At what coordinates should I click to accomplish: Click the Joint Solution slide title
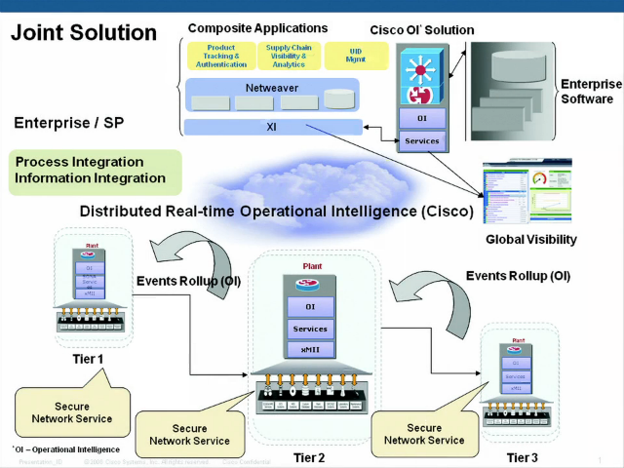point(84,32)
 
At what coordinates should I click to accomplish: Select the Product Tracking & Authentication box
point(220,57)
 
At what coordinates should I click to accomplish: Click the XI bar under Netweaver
point(271,126)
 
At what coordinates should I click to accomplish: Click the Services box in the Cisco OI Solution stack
point(421,140)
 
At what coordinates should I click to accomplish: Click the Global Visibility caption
point(530,240)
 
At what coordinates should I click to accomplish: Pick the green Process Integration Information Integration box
point(95,170)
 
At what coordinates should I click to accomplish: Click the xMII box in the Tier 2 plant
point(310,349)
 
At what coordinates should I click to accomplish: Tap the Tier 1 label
point(88,360)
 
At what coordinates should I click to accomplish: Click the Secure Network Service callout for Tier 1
point(72,412)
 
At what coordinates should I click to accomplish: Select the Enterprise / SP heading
point(70,125)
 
